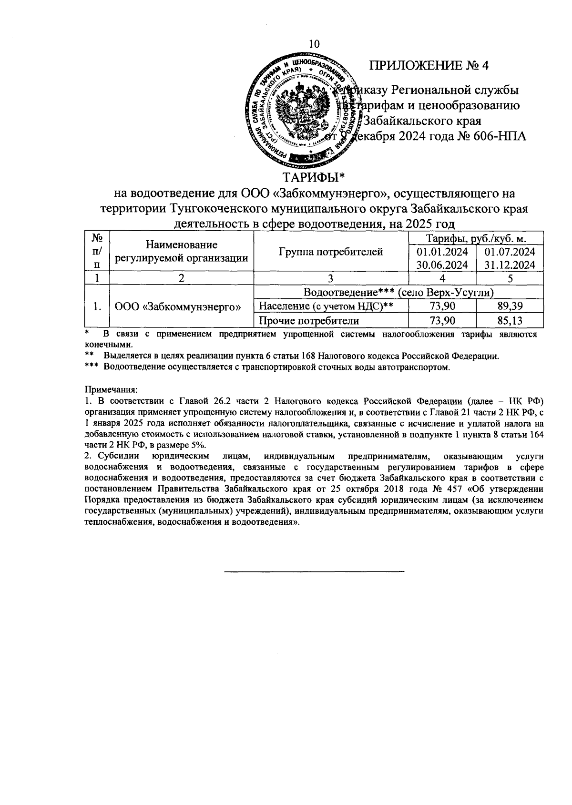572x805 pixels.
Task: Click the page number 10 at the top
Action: pos(314,44)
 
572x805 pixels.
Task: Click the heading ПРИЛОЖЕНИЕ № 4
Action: pos(429,66)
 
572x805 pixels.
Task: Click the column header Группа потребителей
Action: pos(331,252)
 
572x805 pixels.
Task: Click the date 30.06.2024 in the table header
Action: pos(442,265)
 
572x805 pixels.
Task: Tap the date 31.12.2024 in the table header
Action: pos(510,265)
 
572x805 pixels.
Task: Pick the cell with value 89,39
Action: pos(510,306)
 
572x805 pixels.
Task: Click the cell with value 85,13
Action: pos(510,320)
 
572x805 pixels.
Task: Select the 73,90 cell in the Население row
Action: pos(442,306)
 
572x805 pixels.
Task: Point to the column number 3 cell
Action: pos(331,278)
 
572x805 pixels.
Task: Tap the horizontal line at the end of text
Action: pos(314,571)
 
